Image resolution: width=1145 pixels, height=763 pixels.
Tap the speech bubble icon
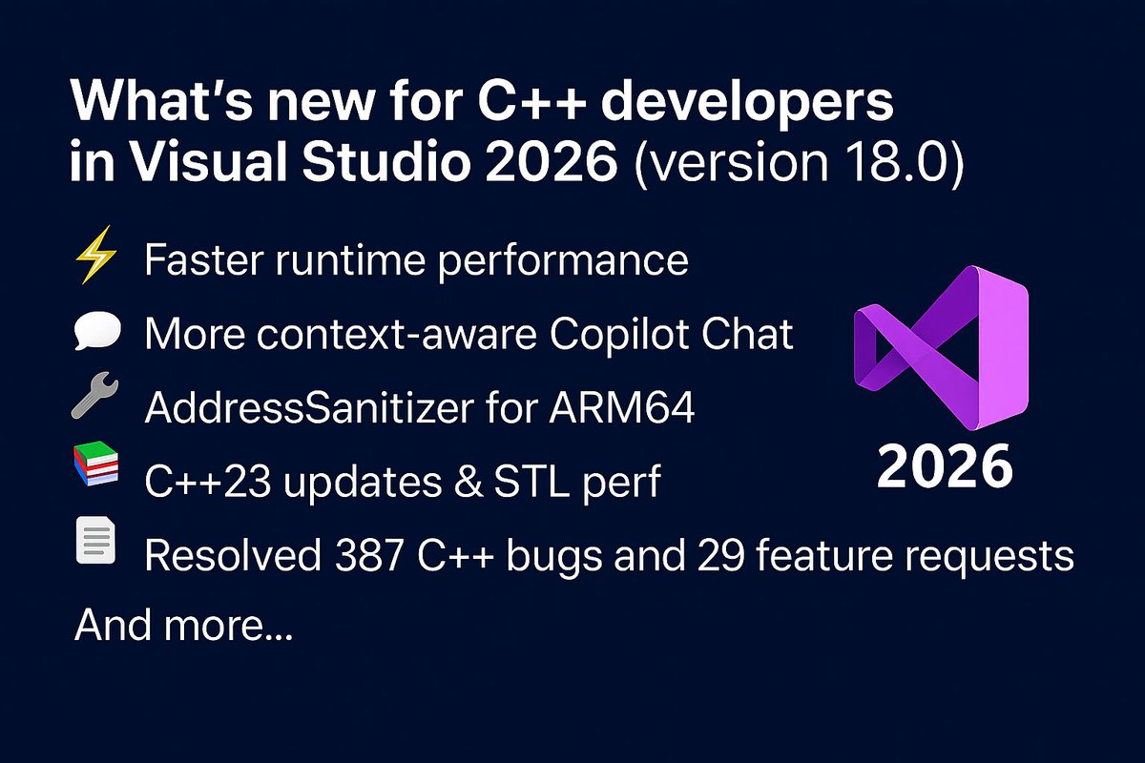95,335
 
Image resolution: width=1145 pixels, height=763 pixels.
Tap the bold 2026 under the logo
945,467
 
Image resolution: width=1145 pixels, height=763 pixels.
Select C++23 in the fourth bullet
198,483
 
